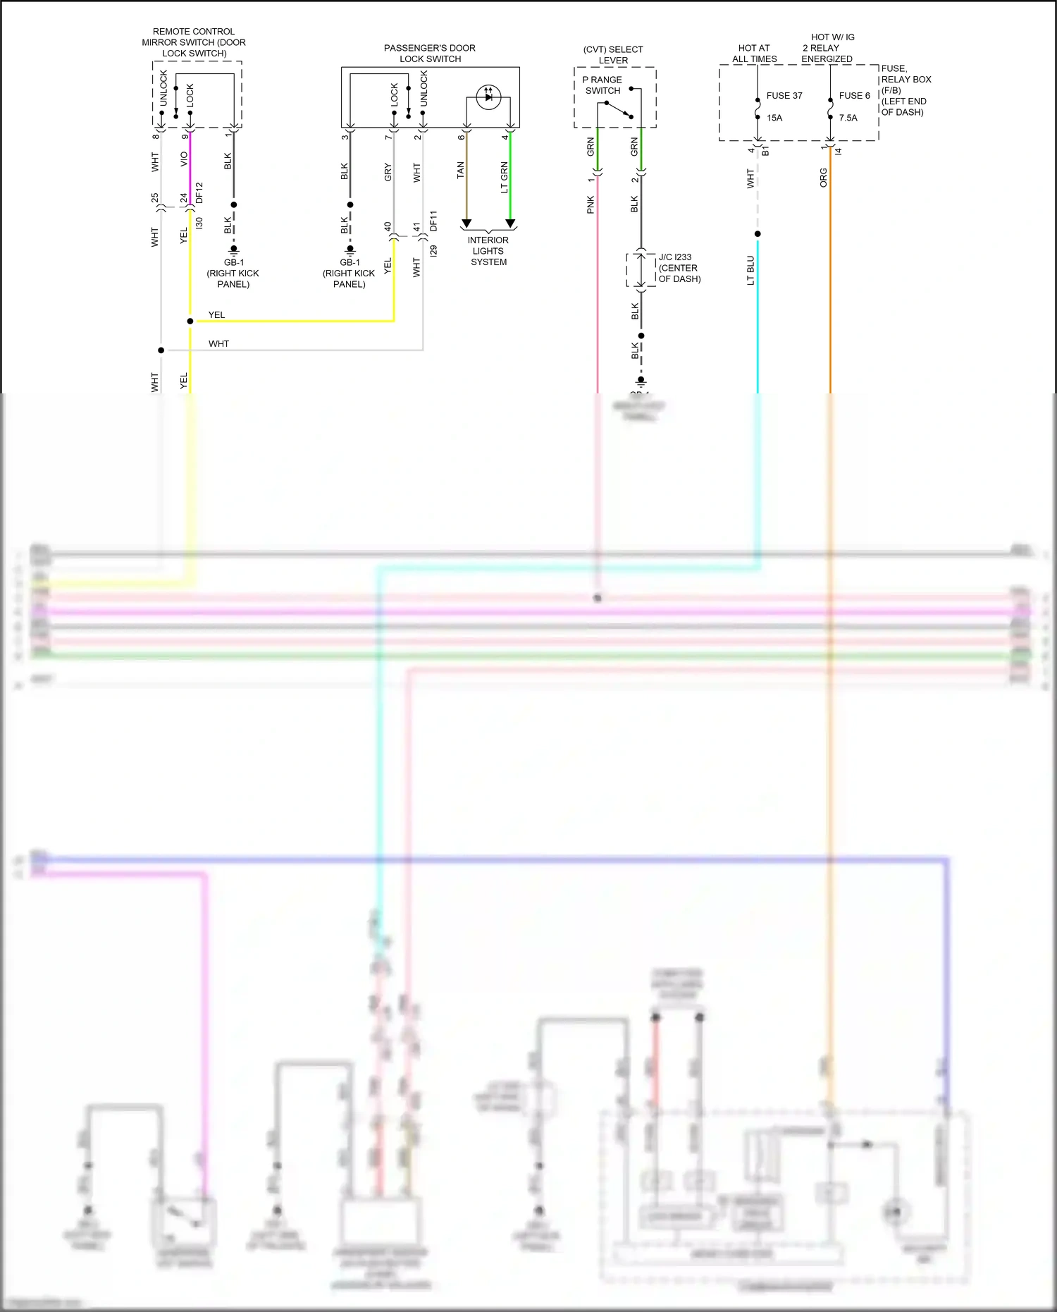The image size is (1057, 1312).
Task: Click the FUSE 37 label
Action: coord(784,96)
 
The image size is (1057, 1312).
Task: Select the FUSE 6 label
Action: coord(854,96)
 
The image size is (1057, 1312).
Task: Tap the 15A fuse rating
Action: coord(774,118)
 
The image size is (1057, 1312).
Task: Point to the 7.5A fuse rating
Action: coord(848,118)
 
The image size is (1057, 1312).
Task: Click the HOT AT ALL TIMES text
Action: coord(754,54)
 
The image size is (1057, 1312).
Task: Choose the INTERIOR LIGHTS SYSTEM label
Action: coord(488,251)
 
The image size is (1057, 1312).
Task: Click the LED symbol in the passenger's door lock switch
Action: coord(488,97)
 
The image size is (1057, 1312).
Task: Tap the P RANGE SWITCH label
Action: coord(602,85)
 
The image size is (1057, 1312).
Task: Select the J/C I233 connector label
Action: coord(675,257)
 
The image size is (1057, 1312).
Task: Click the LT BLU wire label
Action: coord(750,270)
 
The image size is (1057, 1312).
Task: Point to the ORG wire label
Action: coord(823,178)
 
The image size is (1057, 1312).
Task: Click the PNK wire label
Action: coord(591,204)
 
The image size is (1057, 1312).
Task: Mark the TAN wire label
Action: coord(460,170)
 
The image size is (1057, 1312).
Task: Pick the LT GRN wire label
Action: coord(504,177)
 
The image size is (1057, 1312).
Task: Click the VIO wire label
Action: coord(184,159)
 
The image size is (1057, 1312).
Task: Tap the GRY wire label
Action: coord(388,173)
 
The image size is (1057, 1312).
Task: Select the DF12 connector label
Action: coord(199,192)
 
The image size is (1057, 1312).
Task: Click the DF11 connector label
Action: coord(433,221)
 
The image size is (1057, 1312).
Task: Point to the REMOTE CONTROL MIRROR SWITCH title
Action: coord(194,42)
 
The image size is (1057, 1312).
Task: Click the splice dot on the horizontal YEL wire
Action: coord(190,321)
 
